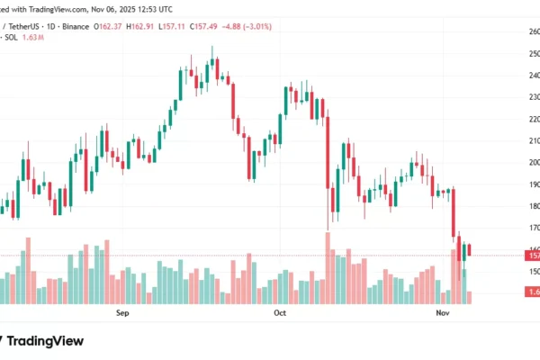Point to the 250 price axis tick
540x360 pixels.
coord(534,53)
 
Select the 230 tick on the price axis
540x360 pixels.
coord(534,97)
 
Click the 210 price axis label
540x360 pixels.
coord(534,140)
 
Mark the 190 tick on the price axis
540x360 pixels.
coord(534,184)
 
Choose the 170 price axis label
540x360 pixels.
coord(534,228)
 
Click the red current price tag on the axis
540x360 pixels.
coord(534,256)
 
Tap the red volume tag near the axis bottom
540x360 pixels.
coord(534,292)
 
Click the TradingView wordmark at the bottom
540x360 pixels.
coord(45,341)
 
